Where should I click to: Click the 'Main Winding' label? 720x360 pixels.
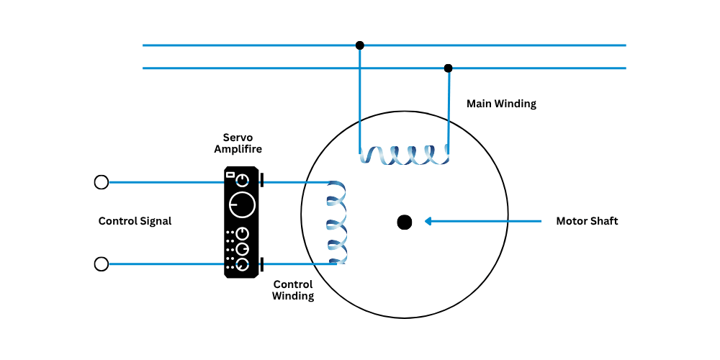(x=501, y=104)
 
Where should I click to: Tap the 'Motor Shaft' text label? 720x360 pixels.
(x=587, y=221)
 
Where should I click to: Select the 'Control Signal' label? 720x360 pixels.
(x=135, y=221)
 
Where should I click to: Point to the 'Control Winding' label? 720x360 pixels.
(x=293, y=290)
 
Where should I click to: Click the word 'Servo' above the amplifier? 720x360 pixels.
(x=238, y=137)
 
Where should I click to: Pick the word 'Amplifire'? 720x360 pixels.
(x=238, y=149)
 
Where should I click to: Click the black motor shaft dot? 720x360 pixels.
(x=405, y=222)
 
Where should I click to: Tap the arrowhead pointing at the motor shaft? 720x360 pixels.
(x=428, y=221)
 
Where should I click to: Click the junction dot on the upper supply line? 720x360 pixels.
(x=360, y=45)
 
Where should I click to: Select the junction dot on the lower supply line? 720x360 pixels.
(x=448, y=68)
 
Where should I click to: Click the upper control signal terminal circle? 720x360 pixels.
(x=102, y=182)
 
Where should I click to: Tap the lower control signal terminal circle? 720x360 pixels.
(x=102, y=264)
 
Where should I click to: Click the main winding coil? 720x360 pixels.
(x=404, y=154)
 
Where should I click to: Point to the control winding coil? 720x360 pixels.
(x=336, y=222)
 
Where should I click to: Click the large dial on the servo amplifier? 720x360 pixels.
(x=242, y=205)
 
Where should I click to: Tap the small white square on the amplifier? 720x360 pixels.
(x=230, y=174)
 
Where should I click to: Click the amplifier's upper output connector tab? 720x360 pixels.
(x=261, y=180)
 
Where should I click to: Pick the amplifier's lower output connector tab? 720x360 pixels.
(x=261, y=264)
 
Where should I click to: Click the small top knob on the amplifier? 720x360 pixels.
(x=244, y=179)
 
